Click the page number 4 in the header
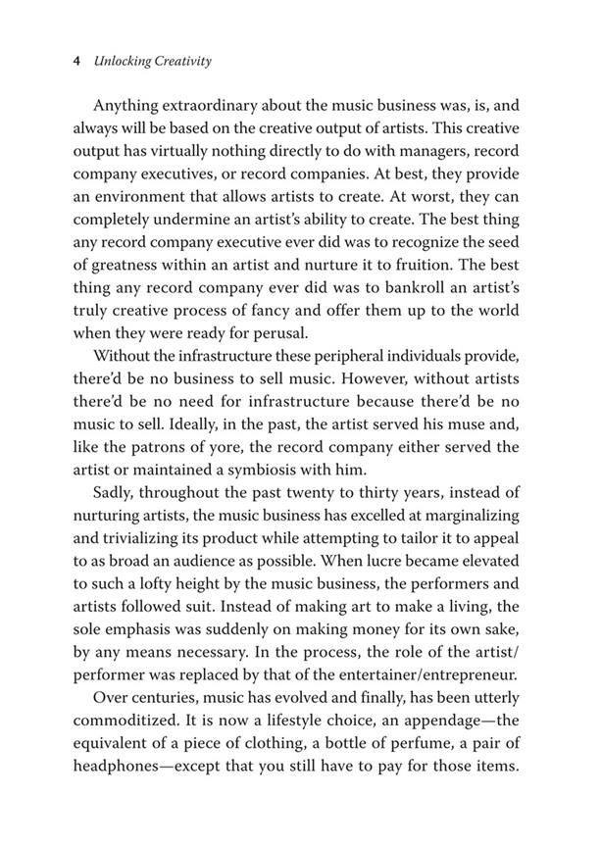coord(76,61)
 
